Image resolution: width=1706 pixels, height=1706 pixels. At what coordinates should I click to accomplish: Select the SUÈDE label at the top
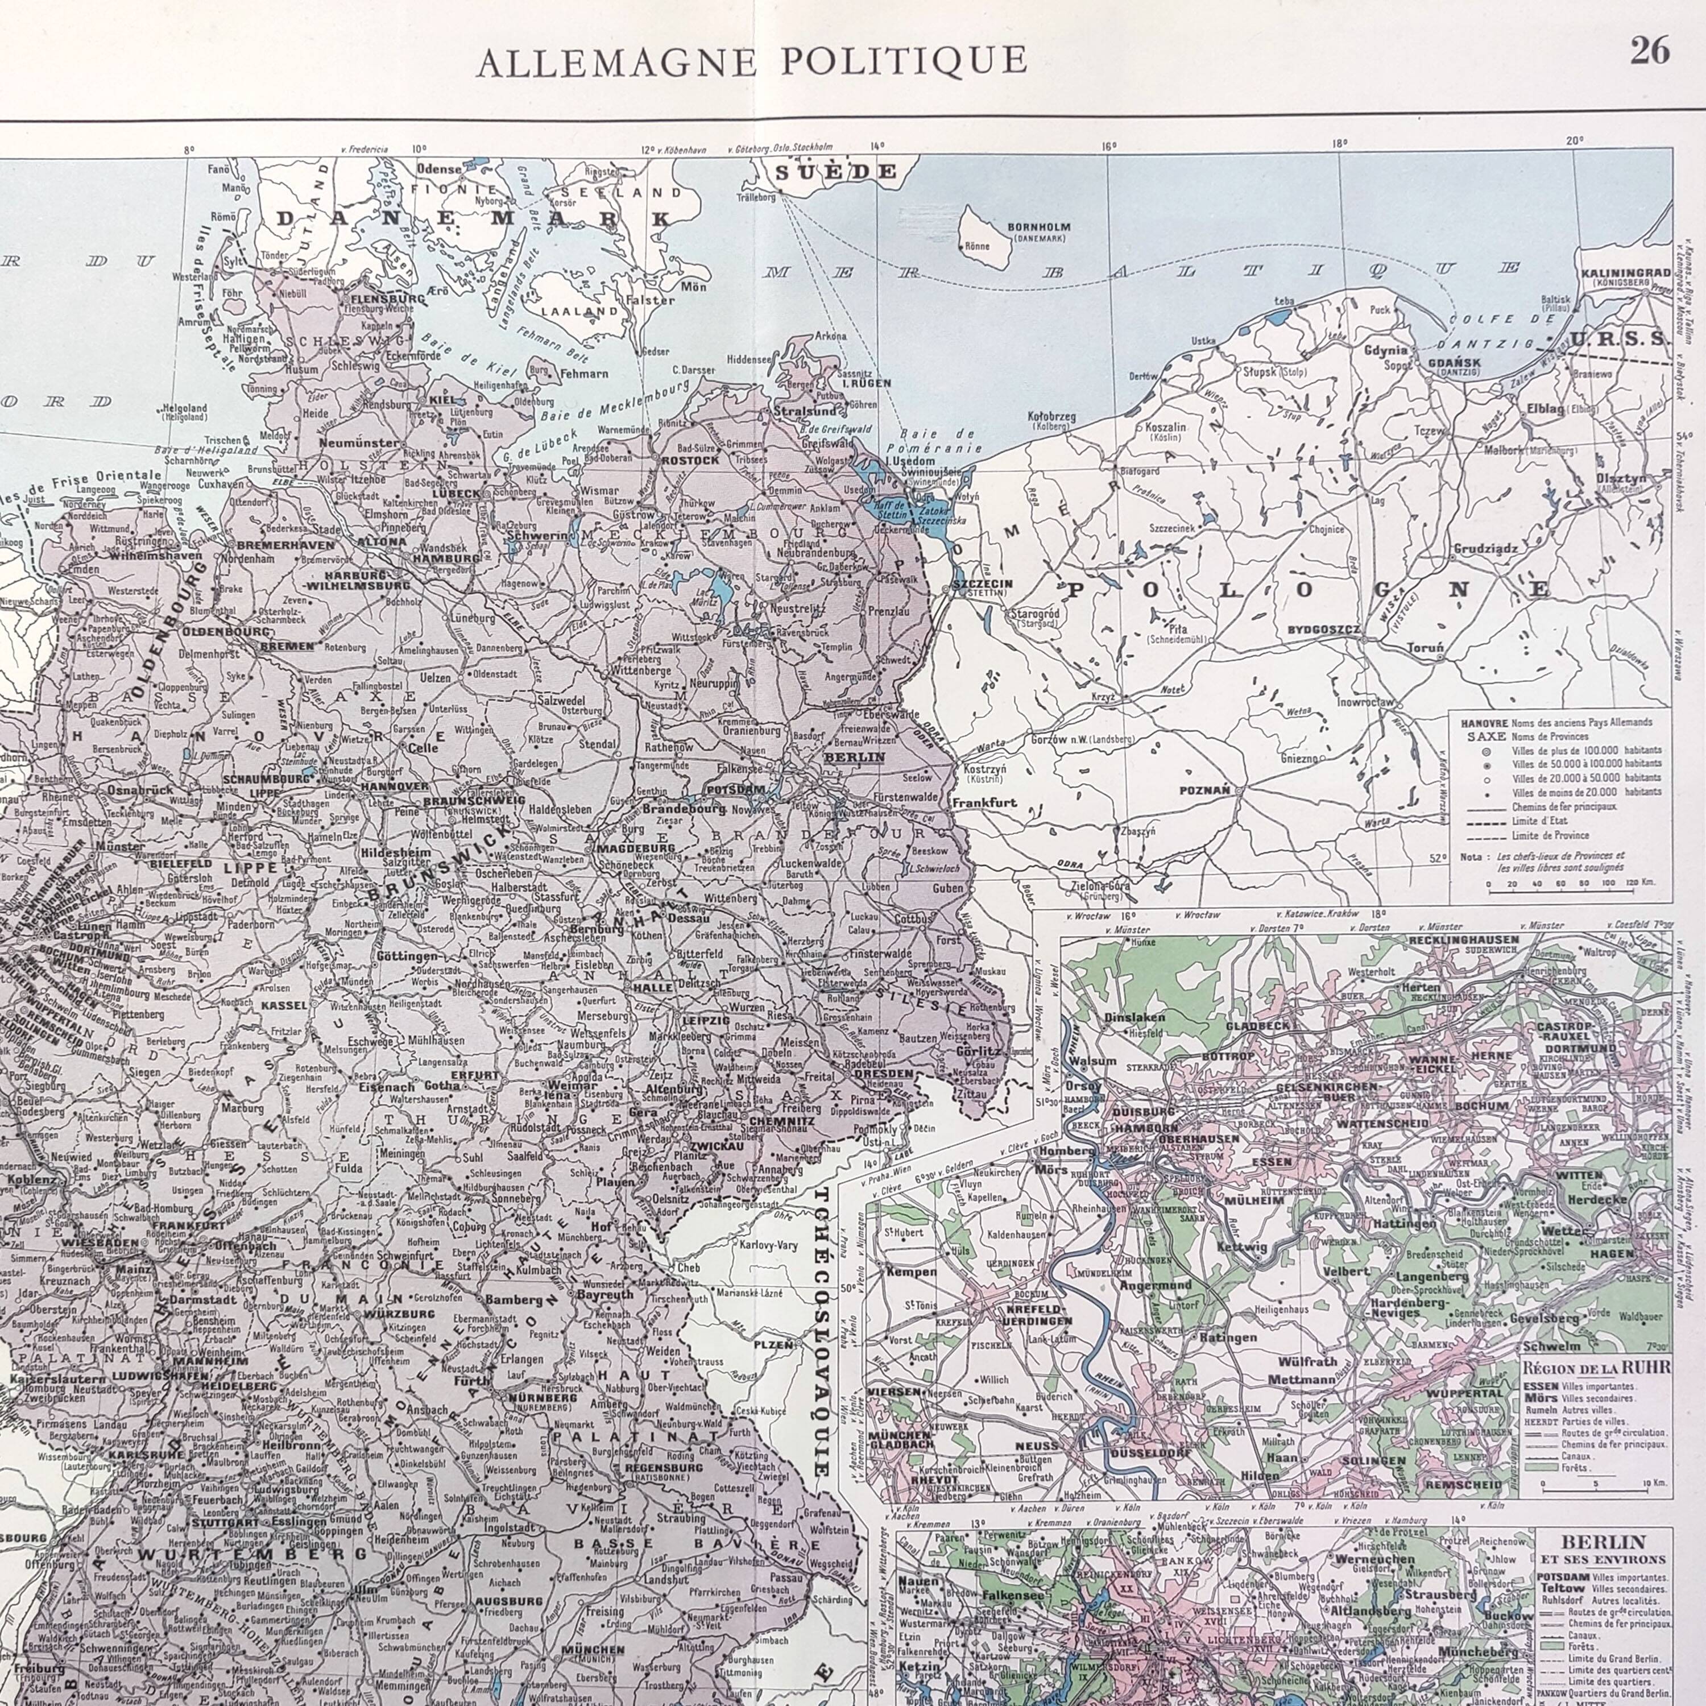(835, 172)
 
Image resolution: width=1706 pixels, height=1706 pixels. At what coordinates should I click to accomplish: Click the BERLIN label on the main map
(853, 757)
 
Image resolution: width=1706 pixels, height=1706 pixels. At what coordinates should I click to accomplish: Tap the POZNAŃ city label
(1206, 790)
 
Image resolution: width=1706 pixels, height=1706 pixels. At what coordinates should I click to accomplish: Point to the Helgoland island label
(185, 409)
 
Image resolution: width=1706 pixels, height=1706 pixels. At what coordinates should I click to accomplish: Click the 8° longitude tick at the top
(189, 150)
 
